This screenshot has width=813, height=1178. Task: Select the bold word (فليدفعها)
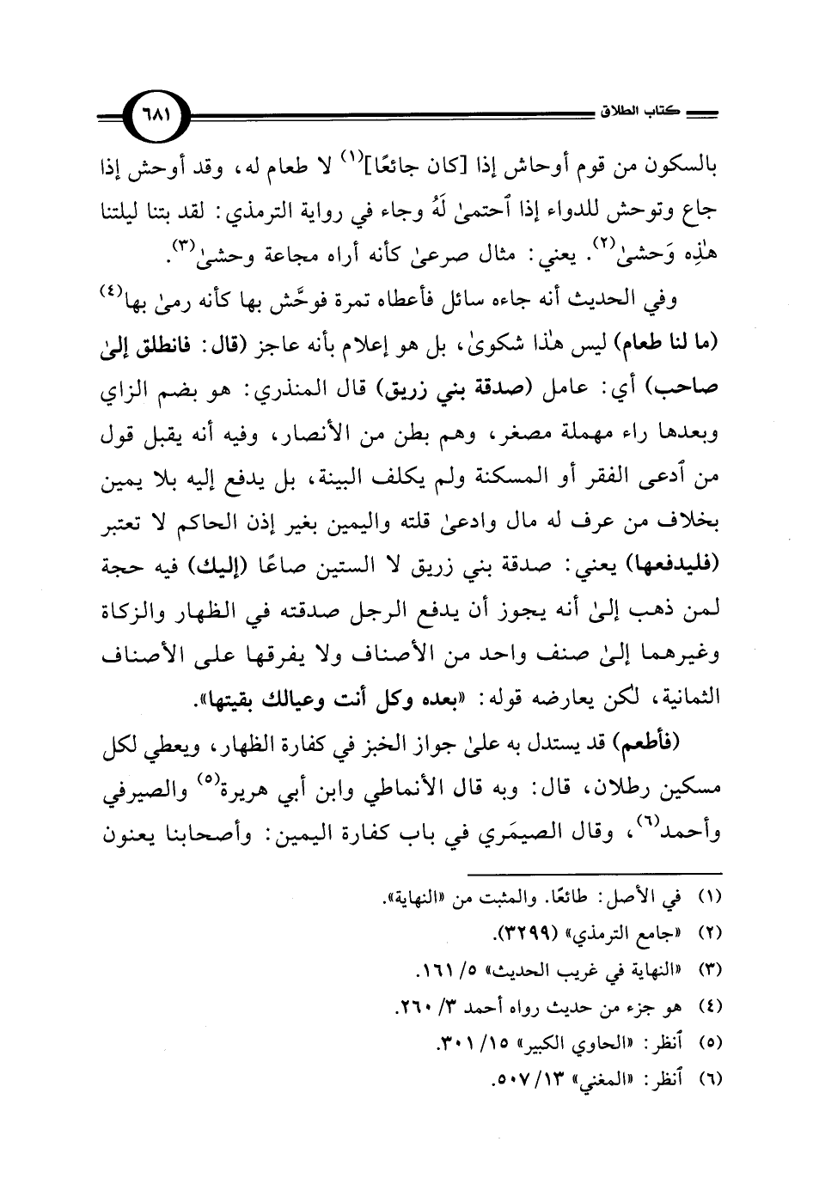click(675, 569)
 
